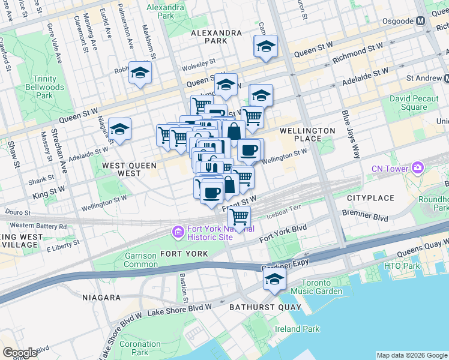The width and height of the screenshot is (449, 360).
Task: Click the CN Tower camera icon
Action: click(x=417, y=168)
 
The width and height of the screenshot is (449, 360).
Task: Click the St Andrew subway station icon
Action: click(x=447, y=78)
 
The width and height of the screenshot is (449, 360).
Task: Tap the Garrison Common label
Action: click(x=141, y=260)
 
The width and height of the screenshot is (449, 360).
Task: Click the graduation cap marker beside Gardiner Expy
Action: click(x=274, y=278)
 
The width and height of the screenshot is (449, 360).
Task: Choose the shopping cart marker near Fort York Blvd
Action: click(x=240, y=217)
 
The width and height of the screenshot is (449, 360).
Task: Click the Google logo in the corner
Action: click(x=20, y=353)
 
